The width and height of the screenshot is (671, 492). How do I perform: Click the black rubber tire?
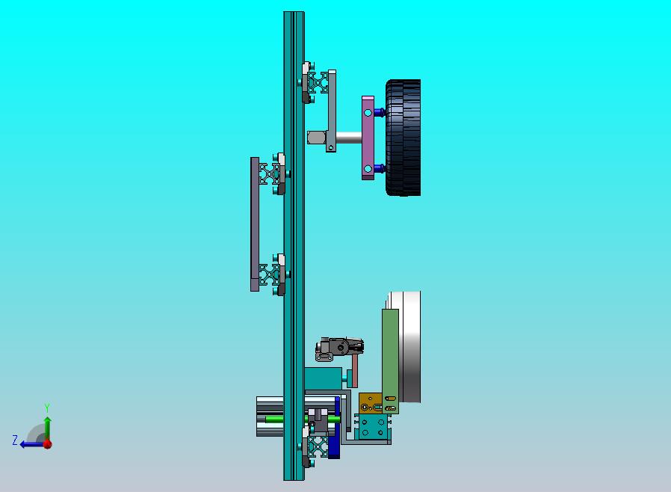(403, 138)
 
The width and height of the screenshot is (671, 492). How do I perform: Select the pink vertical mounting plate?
(368, 138)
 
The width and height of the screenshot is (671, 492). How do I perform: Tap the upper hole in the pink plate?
(368, 113)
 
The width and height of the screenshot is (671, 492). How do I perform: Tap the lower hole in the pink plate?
(368, 168)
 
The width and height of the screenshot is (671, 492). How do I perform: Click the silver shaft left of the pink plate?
(349, 138)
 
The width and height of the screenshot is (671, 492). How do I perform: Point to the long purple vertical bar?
(255, 224)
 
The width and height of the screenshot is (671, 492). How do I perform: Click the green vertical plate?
(390, 361)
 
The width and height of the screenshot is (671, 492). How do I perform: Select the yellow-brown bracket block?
(371, 403)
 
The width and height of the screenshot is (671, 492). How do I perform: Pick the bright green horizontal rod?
(300, 419)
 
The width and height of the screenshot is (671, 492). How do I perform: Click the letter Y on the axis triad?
(47, 408)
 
